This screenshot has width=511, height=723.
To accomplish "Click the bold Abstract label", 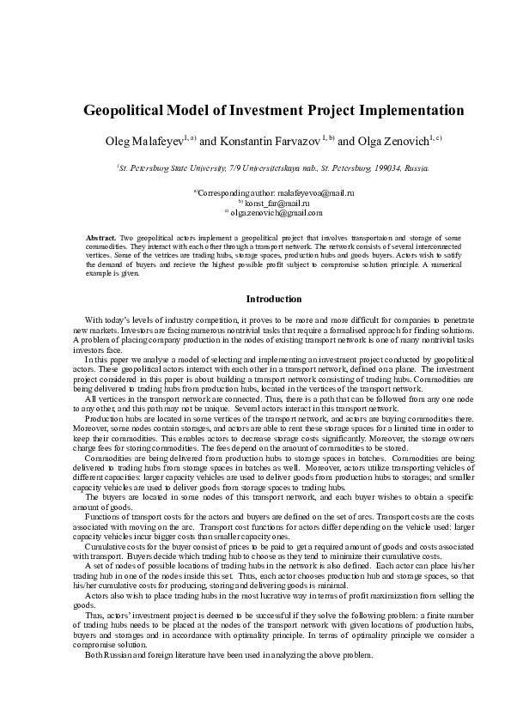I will (102, 236).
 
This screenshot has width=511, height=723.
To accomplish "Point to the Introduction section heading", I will (274, 300).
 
